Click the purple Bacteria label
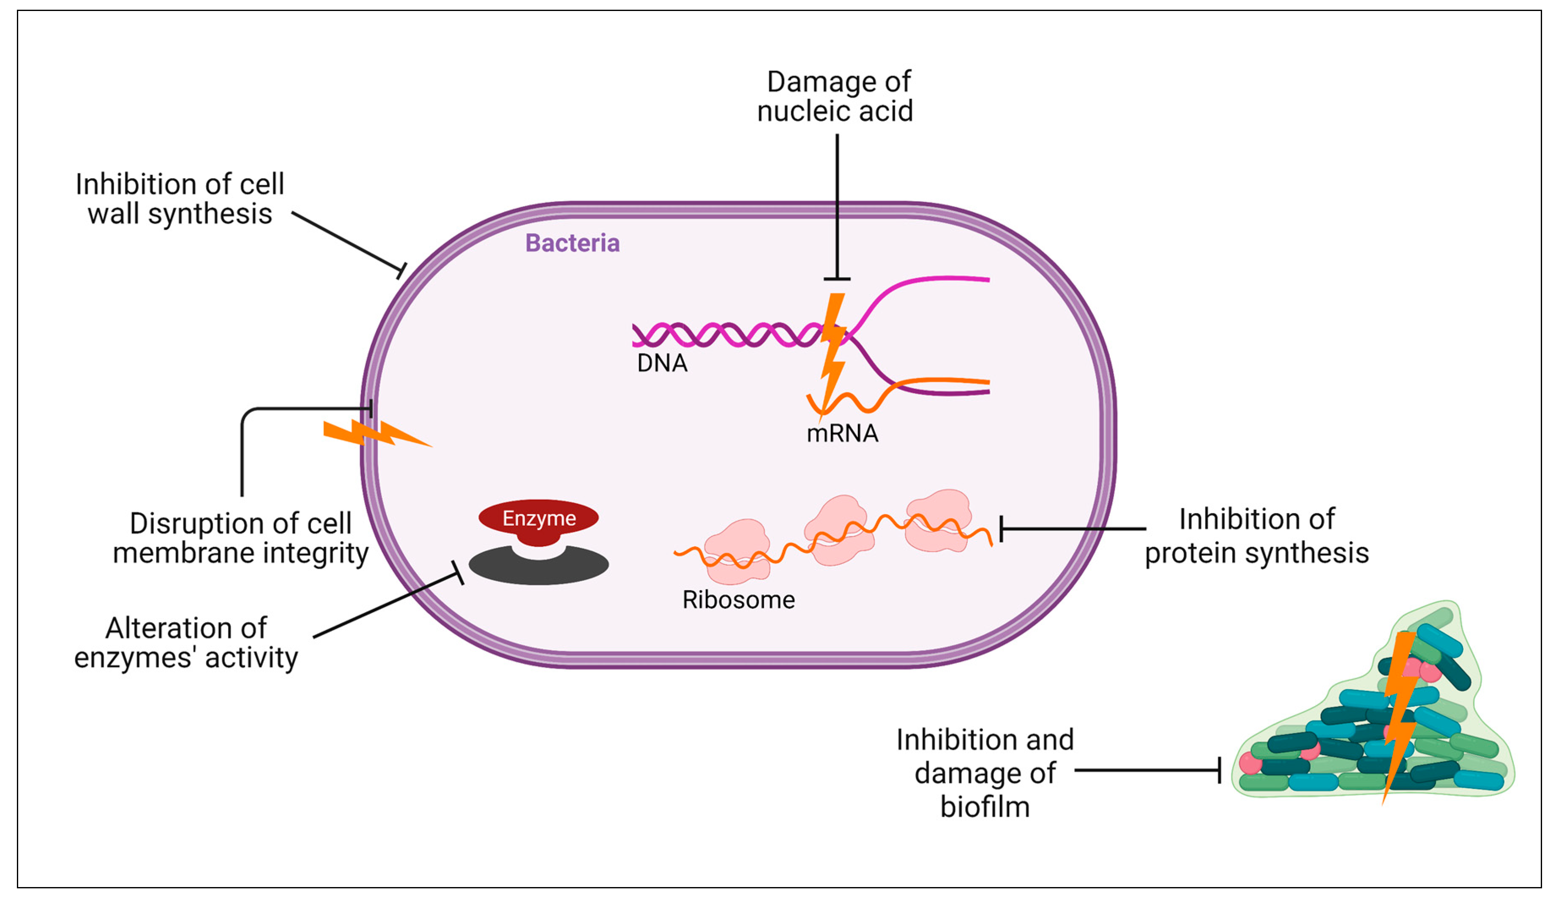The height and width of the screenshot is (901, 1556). point(572,243)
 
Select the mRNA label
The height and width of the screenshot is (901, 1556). point(842,433)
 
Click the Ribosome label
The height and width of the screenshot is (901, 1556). point(738,600)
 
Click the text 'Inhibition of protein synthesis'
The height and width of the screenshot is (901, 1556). point(1256,536)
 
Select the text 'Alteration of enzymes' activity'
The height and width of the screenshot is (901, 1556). point(186,643)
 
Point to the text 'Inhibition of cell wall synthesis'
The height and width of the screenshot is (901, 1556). point(180,199)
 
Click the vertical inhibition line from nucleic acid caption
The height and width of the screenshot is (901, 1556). point(837,204)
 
